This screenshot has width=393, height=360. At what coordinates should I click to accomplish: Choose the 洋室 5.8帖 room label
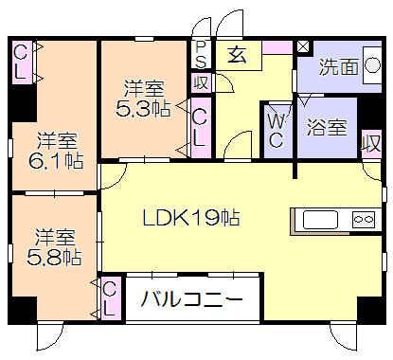point(53,245)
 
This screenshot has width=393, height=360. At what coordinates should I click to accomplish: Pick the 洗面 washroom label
point(336,67)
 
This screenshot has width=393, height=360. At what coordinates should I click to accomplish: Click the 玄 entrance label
point(237,55)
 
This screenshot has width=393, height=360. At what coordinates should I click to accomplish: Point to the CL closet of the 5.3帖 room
point(201,124)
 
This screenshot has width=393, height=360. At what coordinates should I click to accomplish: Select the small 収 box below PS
point(202,82)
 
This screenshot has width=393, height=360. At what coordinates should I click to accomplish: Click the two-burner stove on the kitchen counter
point(365,219)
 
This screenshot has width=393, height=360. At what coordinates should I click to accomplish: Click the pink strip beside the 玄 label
point(277,46)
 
